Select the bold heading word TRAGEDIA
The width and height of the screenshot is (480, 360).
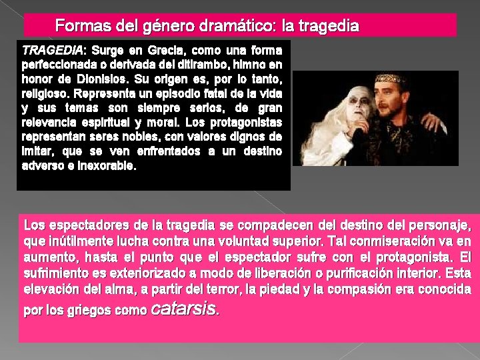(x=53, y=50)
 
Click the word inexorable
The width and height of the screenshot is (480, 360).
(x=102, y=167)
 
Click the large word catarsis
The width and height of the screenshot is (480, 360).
(x=184, y=309)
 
